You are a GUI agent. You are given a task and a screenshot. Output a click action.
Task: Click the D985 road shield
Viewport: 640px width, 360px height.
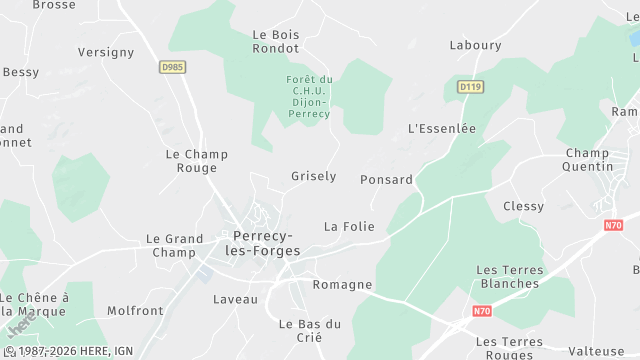click(172, 67)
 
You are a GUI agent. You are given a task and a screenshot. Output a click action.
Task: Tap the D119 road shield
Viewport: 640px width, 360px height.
click(471, 87)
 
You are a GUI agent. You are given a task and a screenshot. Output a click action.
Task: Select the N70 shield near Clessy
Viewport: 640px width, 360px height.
click(613, 226)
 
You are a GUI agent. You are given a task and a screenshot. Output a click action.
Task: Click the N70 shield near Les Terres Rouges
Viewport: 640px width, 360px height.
click(456, 314)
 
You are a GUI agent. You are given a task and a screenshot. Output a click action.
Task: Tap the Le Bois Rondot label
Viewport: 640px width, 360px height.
click(276, 41)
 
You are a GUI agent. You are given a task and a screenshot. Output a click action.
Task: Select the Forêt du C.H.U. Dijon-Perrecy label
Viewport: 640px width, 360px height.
click(308, 97)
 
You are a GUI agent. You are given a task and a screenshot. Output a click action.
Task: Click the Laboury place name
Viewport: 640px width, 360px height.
click(475, 45)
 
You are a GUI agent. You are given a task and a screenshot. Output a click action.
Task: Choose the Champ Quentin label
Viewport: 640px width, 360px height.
click(587, 160)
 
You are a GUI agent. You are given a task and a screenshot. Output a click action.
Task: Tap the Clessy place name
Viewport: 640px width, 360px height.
click(524, 206)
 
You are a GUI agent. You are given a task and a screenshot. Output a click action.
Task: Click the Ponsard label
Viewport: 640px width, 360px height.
click(386, 180)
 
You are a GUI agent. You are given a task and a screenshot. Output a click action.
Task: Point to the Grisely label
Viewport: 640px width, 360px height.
click(313, 176)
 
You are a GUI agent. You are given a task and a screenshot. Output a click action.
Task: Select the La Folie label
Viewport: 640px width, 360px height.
click(349, 227)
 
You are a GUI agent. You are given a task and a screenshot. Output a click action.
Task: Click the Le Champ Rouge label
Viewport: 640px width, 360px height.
click(196, 161)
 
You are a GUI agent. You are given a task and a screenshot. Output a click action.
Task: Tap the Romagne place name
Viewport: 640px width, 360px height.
click(342, 285)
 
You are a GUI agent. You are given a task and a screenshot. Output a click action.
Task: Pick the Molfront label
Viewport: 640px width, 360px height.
click(135, 311)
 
